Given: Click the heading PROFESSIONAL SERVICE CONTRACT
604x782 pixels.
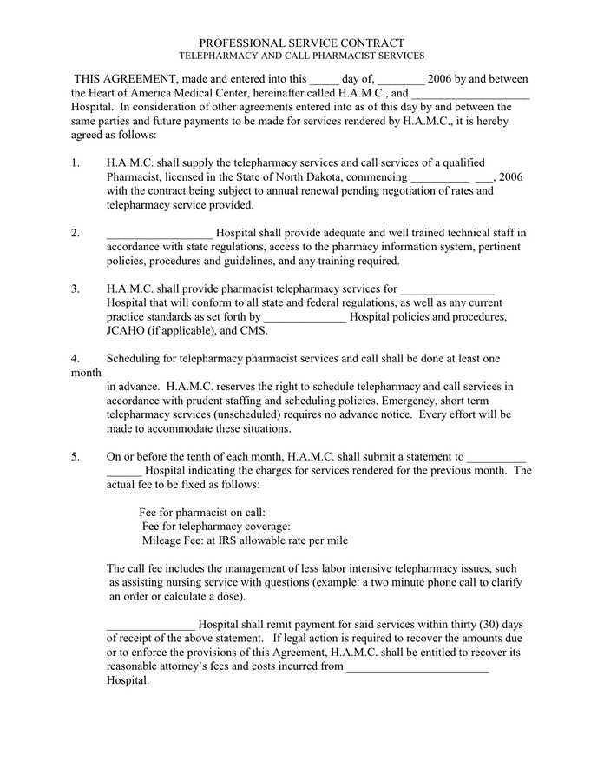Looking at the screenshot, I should click(x=301, y=43).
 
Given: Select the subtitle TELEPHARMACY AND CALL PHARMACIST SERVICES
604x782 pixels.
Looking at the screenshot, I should click(x=301, y=56).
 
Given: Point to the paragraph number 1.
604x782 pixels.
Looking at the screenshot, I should click(x=75, y=162).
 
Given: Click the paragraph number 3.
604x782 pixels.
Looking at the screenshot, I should click(x=75, y=288).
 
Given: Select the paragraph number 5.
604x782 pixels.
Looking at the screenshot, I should click(x=75, y=456).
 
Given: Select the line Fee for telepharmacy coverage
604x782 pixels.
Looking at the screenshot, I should click(x=215, y=527).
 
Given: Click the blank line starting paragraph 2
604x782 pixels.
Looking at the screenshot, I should click(x=159, y=233).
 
